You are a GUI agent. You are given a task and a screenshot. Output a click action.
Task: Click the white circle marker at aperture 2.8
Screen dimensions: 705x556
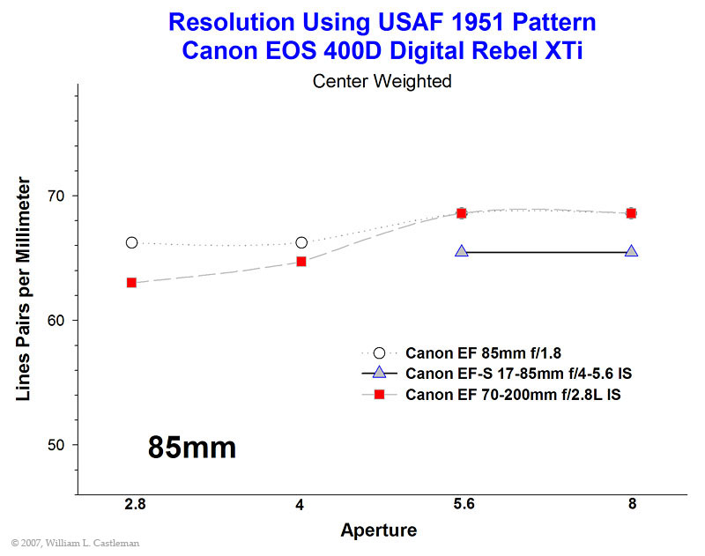(131, 242)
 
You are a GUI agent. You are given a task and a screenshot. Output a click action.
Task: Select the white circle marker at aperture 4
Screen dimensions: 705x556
(301, 242)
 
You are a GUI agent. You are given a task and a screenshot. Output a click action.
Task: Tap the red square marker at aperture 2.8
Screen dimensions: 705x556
(131, 283)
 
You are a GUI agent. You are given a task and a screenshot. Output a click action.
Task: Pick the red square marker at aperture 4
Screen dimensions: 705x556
(301, 262)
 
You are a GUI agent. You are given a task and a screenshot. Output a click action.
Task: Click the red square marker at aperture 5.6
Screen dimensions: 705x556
(461, 213)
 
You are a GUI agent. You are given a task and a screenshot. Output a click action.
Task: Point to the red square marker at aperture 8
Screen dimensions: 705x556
(631, 213)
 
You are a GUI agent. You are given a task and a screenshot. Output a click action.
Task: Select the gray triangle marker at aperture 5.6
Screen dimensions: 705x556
(461, 252)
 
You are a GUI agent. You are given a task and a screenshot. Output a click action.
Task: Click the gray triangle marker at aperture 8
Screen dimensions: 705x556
(631, 252)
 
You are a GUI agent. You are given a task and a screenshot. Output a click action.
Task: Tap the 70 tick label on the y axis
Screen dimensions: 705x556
(56, 196)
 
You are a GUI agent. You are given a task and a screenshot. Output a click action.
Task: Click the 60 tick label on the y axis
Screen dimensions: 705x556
(56, 321)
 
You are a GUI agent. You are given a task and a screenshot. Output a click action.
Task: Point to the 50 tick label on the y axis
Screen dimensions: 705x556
(56, 445)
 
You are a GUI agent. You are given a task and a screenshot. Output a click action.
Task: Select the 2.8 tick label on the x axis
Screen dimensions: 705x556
(136, 504)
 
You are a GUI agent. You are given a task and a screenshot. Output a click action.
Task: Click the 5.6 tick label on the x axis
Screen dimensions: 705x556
(464, 504)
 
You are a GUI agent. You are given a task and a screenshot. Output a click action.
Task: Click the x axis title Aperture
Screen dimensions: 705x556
(379, 530)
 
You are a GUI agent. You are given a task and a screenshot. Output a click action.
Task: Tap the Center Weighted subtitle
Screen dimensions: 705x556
(382, 81)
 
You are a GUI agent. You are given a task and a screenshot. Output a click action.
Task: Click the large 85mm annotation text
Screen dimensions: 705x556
(192, 448)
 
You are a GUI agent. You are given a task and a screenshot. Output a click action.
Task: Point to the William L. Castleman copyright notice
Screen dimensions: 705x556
(75, 543)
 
